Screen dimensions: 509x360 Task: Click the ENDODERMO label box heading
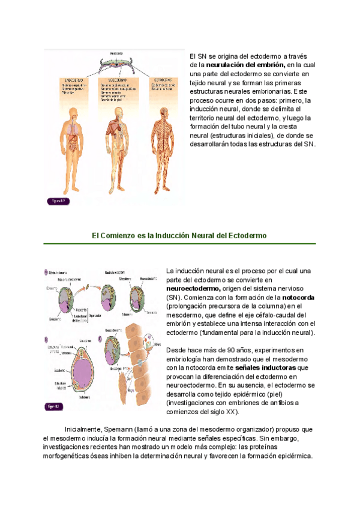(x=71, y=79)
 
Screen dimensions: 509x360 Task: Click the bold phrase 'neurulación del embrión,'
(x=245, y=65)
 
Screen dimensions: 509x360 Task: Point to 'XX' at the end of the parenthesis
(x=230, y=412)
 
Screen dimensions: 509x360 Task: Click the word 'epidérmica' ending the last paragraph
(x=293, y=456)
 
